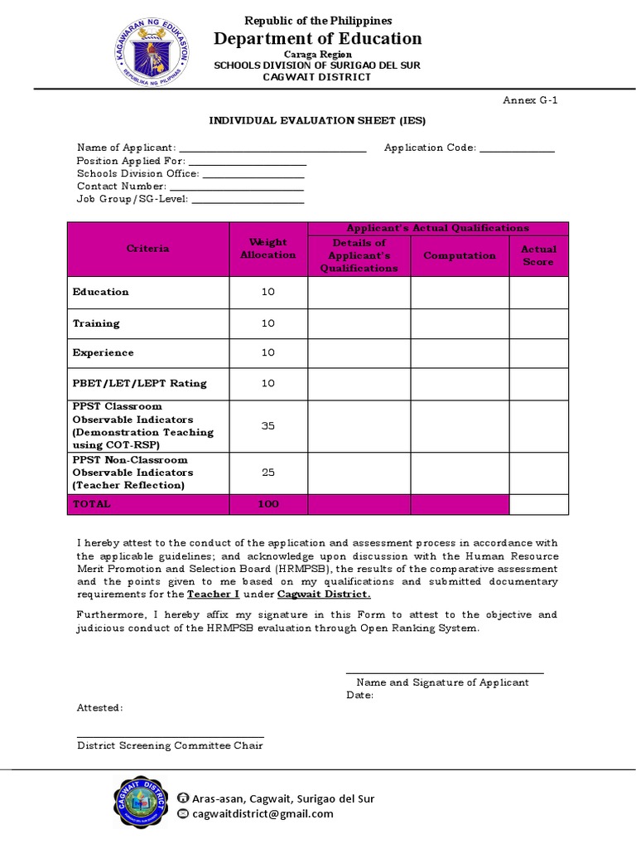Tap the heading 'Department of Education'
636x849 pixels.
[318, 38]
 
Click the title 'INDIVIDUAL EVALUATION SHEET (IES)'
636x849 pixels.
[317, 120]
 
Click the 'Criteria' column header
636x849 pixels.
[148, 249]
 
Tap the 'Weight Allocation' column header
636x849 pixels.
[267, 249]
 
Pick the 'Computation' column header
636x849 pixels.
[460, 255]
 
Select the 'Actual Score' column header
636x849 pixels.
[538, 255]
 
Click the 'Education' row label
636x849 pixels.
[101, 292]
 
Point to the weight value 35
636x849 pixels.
[267, 426]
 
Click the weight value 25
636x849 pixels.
[267, 473]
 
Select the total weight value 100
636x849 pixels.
[267, 504]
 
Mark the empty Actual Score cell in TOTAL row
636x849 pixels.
[538, 504]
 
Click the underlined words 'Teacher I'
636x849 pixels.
[209, 594]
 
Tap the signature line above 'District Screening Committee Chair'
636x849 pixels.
[171, 735]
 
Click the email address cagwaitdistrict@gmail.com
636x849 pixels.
[263, 814]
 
